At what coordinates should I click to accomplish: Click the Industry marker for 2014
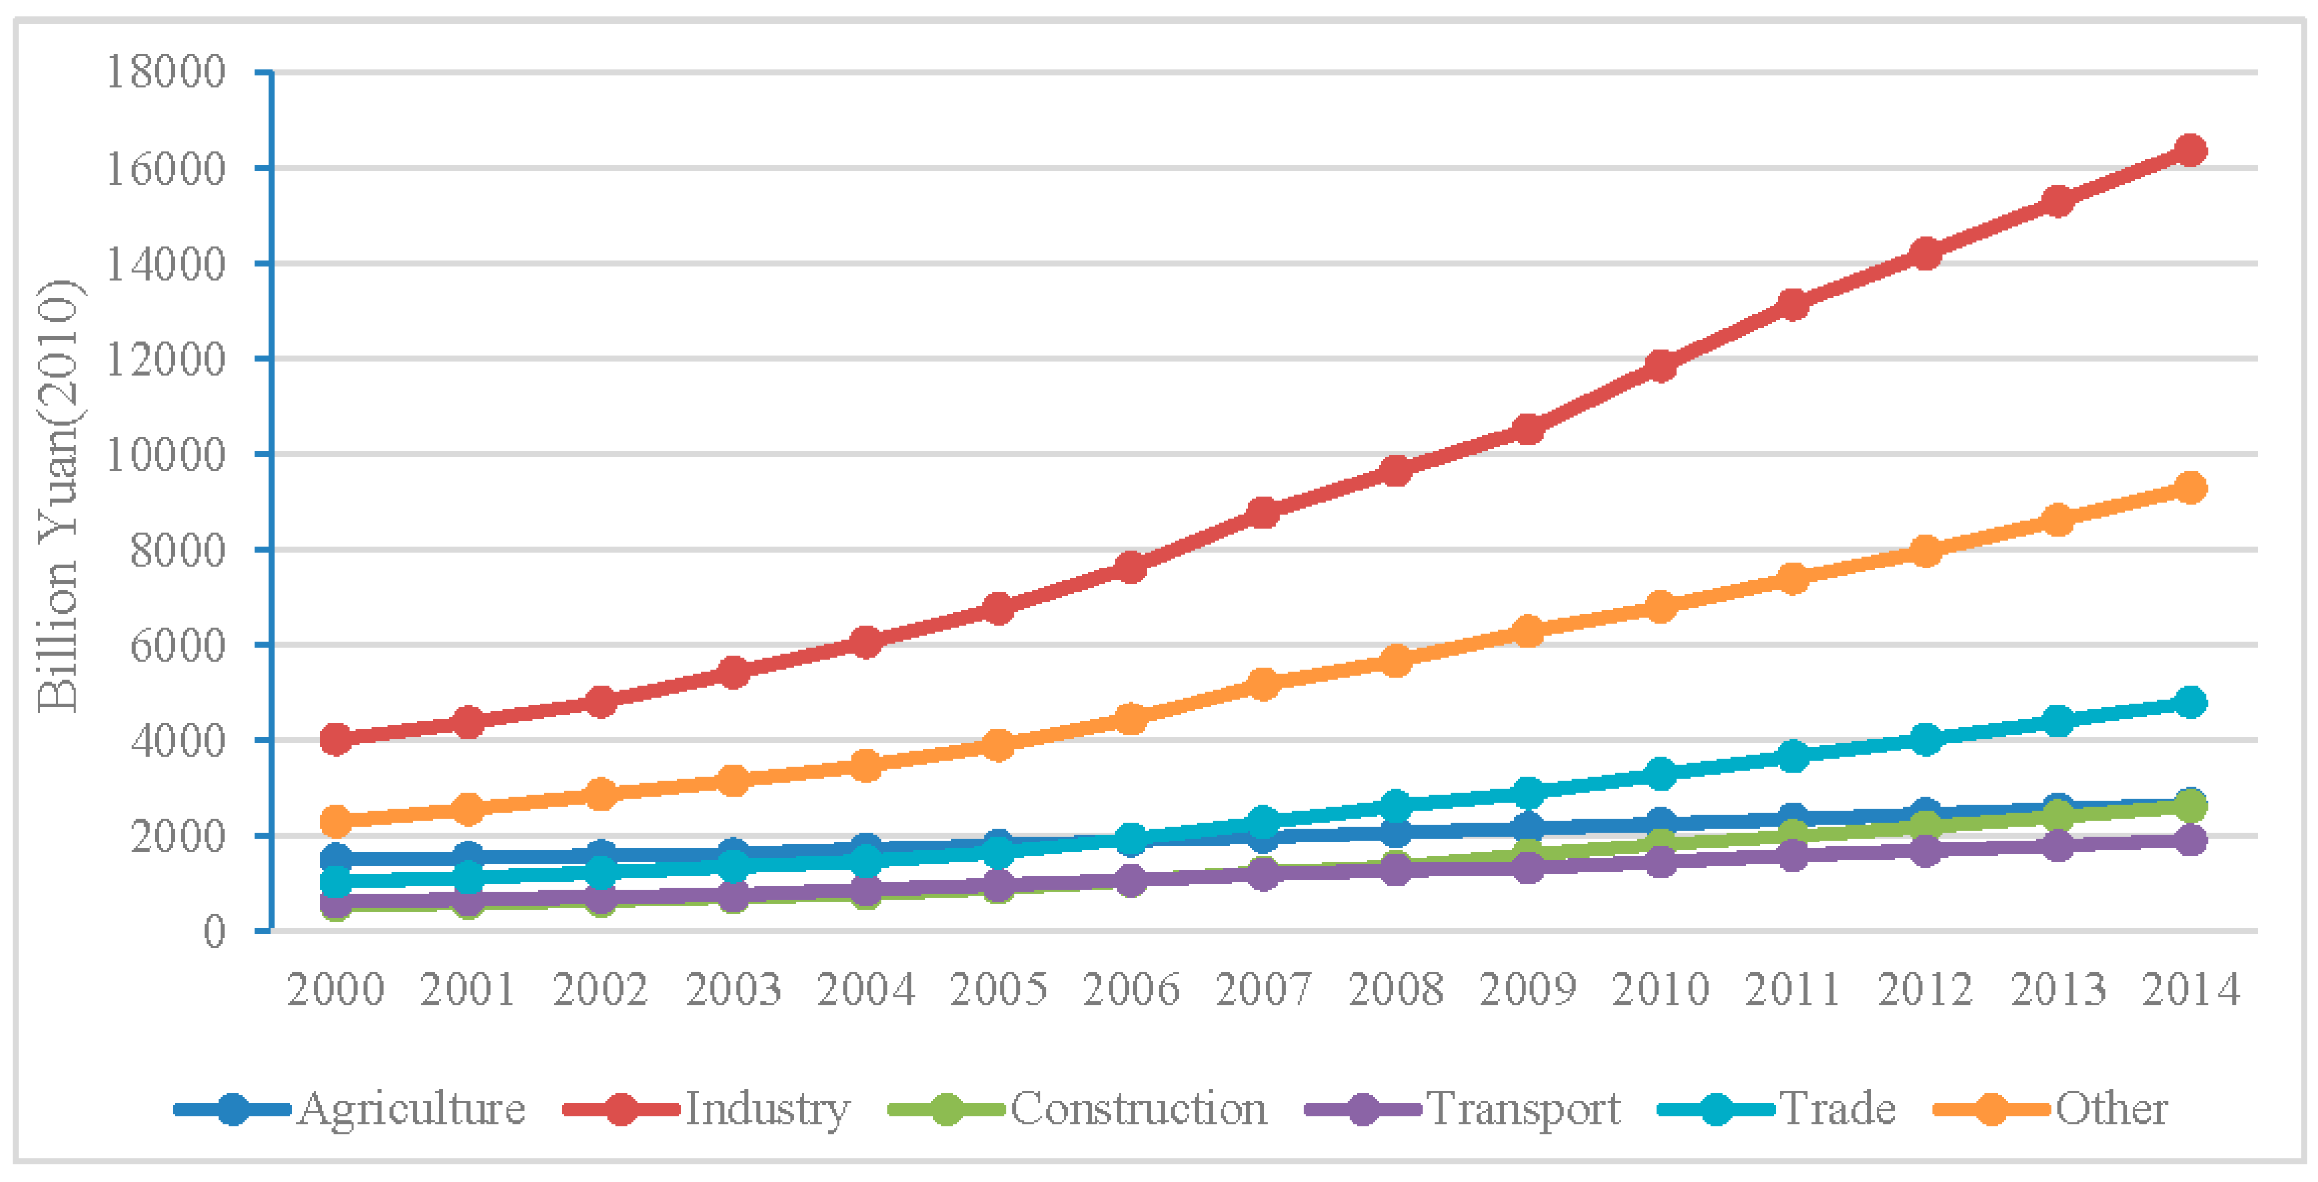[2189, 150]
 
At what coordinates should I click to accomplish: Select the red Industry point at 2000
[335, 739]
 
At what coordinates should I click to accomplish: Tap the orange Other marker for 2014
[2189, 488]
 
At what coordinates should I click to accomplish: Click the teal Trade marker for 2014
[2189, 702]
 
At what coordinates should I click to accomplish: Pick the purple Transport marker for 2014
[2189, 840]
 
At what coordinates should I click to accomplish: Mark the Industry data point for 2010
[1660, 365]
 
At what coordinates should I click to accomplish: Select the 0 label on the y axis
[214, 931]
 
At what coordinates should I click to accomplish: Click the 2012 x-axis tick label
[1925, 989]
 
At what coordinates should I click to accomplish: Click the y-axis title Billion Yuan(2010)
[60, 495]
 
